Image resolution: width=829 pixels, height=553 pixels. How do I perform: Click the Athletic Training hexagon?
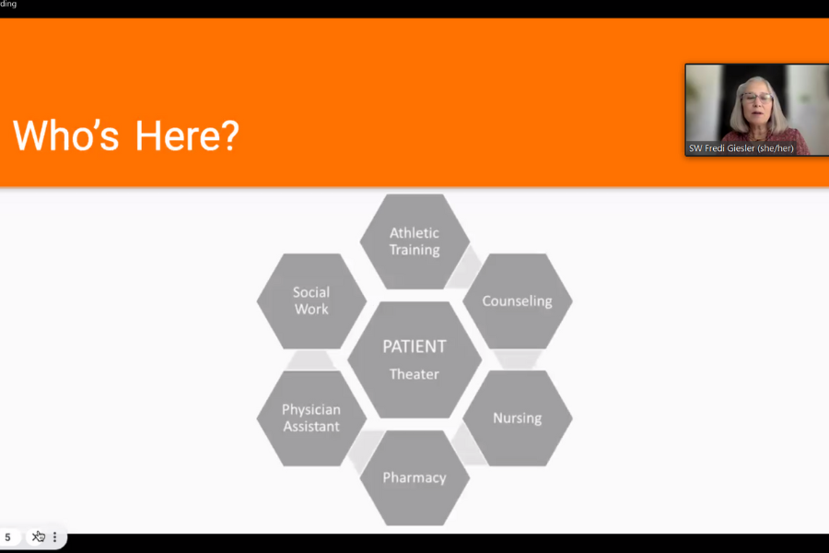(414, 241)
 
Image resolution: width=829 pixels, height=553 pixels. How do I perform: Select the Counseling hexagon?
(517, 301)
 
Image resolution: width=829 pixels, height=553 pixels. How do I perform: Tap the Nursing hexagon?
(517, 418)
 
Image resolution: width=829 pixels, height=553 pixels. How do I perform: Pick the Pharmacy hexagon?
(414, 477)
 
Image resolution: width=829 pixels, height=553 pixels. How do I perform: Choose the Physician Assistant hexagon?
(311, 418)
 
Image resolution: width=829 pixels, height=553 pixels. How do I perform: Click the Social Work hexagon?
(311, 300)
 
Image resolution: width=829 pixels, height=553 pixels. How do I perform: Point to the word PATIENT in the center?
(414, 347)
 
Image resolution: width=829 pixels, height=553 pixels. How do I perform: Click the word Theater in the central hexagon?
(414, 374)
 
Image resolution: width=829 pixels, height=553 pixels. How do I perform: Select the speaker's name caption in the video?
(741, 148)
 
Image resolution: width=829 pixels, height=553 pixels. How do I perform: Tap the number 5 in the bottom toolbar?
(7, 537)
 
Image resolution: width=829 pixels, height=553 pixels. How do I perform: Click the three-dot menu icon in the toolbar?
(54, 537)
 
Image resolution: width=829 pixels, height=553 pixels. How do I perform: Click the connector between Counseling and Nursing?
(517, 359)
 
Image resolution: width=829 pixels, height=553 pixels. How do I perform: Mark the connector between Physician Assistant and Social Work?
(311, 359)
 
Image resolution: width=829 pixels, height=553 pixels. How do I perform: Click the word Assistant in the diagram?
(311, 427)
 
